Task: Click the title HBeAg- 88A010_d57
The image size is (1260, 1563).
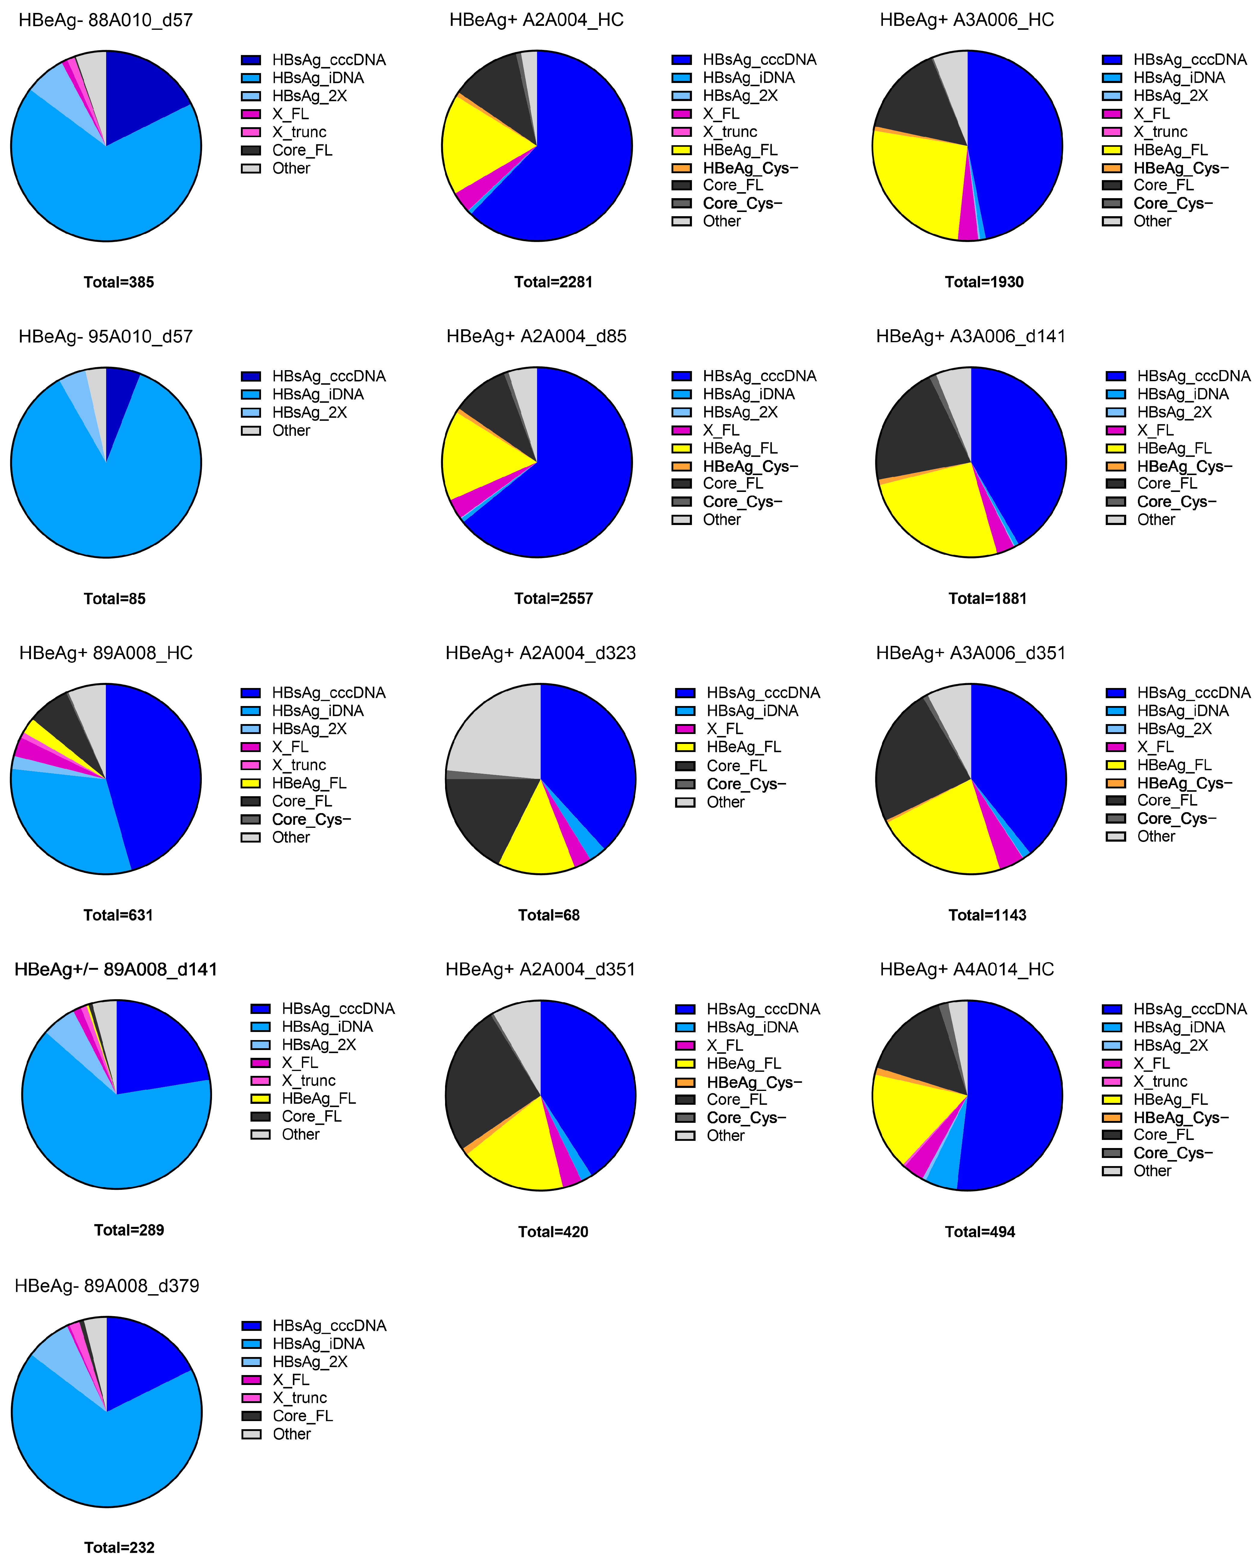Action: (106, 20)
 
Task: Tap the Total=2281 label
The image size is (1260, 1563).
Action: (553, 282)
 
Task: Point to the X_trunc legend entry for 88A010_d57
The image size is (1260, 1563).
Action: (299, 132)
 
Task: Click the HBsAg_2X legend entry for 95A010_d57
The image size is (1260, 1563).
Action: (309, 412)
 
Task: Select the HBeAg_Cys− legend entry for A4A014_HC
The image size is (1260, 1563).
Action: (1181, 1117)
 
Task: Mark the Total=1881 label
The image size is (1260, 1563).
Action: (987, 599)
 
